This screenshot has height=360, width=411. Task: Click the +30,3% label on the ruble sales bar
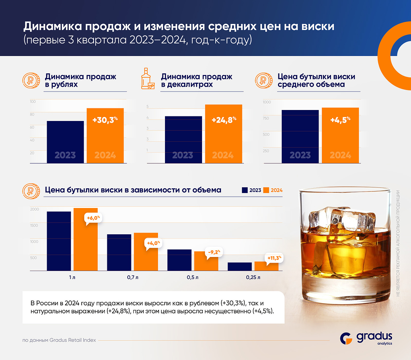point(105,120)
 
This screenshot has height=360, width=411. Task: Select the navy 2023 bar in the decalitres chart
point(183,140)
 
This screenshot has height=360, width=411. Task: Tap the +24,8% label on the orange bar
point(224,120)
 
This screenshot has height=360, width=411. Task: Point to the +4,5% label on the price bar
point(340,120)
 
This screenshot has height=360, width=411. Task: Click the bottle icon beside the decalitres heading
point(148,79)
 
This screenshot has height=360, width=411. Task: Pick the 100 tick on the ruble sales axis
point(33,101)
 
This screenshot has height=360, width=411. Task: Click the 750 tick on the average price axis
point(266,118)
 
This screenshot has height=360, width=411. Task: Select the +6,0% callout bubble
point(93,218)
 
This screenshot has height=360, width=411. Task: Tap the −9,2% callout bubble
point(214,252)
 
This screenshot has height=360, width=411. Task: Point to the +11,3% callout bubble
point(274,258)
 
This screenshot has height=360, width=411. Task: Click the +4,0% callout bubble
point(153,243)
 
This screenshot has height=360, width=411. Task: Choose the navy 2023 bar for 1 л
point(59,241)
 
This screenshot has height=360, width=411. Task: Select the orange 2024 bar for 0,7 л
point(146,252)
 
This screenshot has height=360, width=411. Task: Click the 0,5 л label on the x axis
point(192,277)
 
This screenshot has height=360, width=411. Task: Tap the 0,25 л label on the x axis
point(253,277)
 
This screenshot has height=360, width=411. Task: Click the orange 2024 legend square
point(266,190)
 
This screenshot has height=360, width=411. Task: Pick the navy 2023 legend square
point(245,190)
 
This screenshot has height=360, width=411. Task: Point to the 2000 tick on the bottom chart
point(35,209)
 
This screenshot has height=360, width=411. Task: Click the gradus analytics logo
point(366,338)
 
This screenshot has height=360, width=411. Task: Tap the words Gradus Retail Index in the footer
point(73,340)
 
